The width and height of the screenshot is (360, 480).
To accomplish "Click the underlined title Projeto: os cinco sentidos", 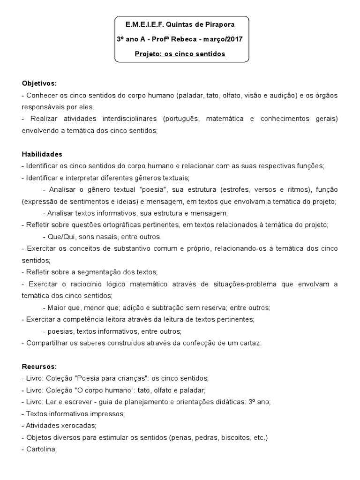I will tap(180, 54).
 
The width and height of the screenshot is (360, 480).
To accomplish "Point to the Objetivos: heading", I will tap(39, 83).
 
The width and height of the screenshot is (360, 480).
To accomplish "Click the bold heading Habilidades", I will tap(42, 154).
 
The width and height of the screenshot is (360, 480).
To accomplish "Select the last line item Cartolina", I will tap(41, 449).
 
